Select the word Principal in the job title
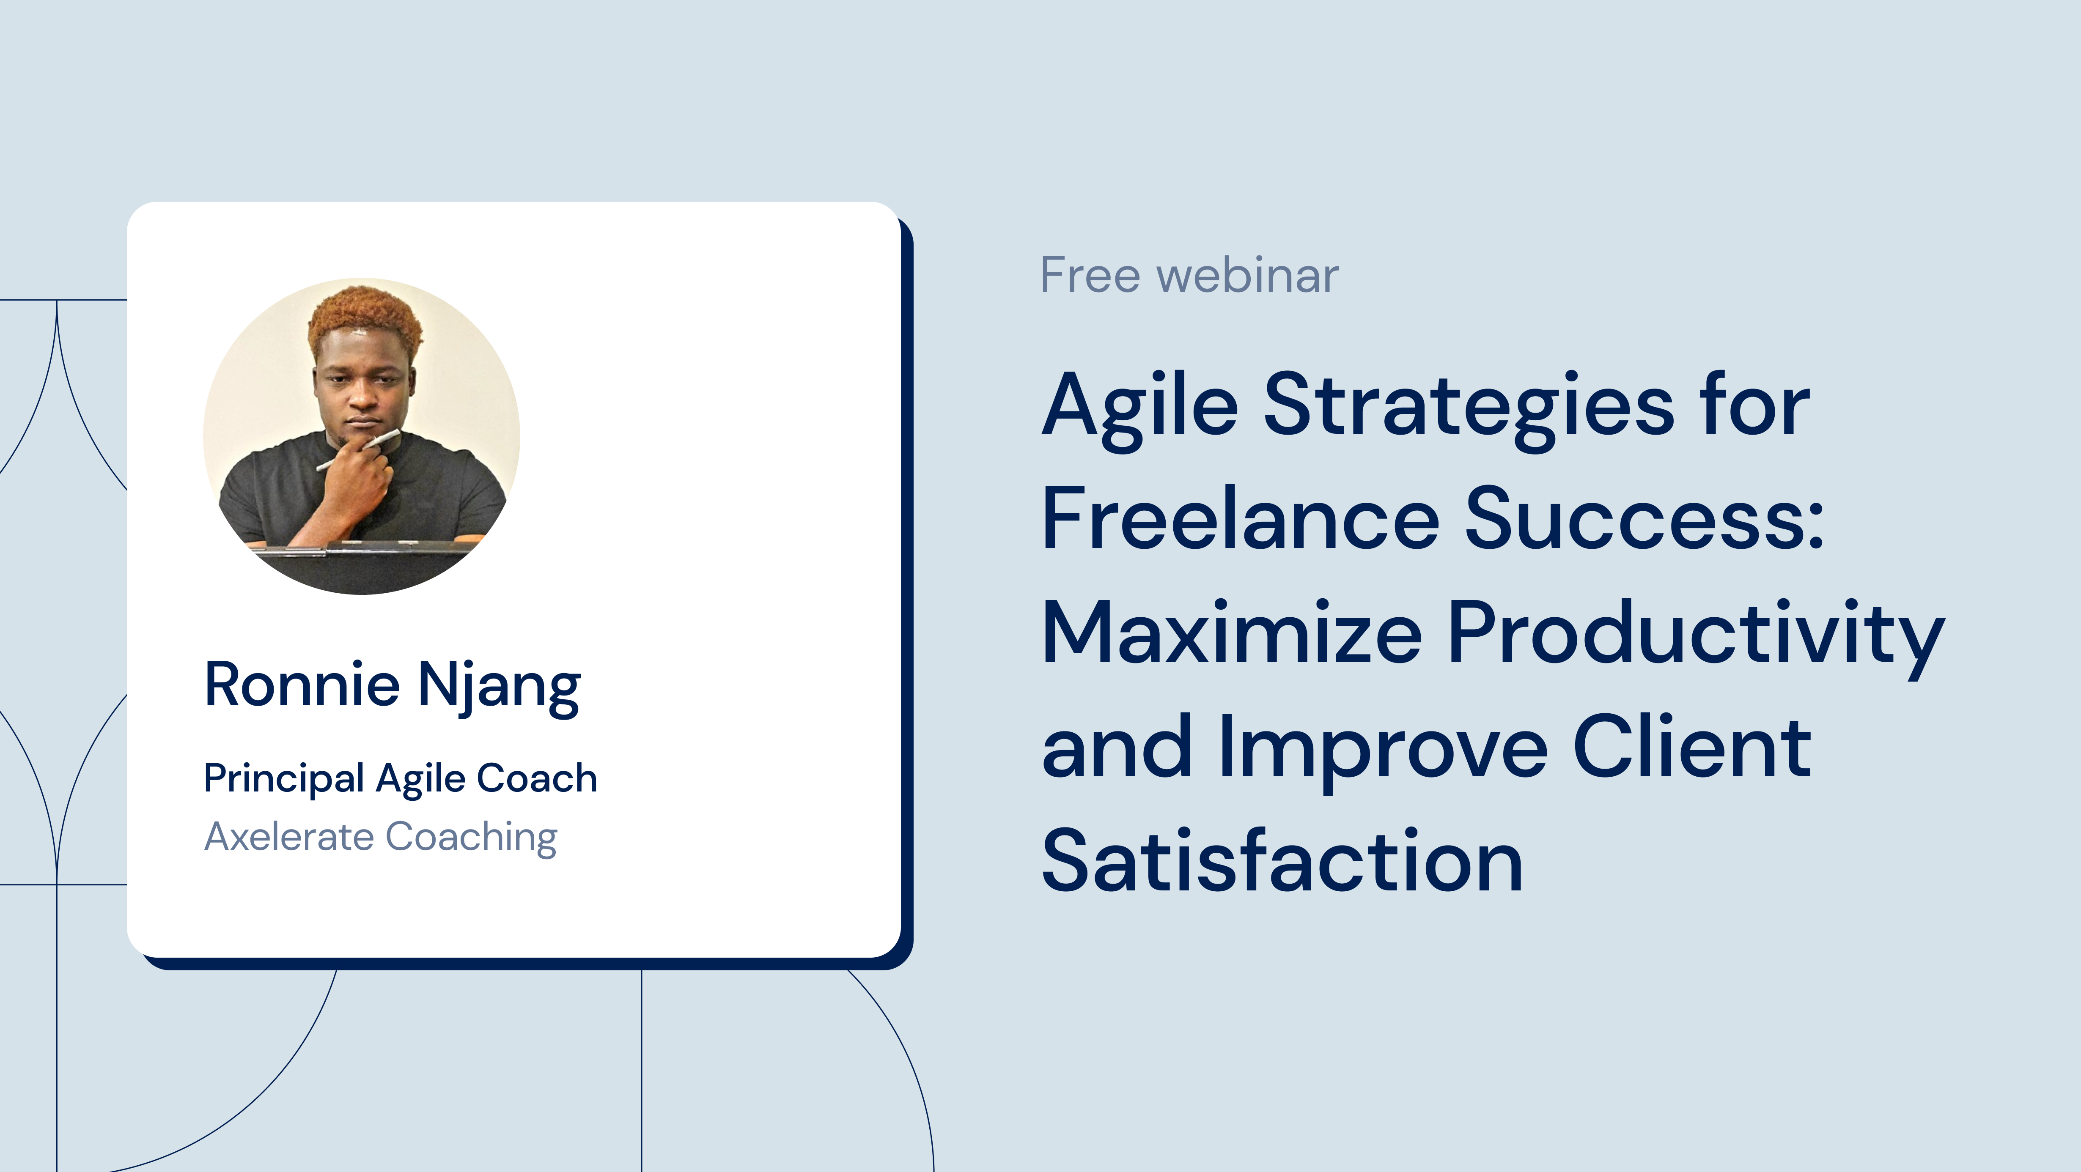(283, 779)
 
